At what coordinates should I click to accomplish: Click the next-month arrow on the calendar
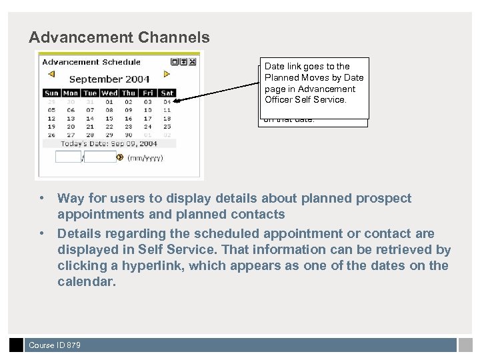click(x=167, y=75)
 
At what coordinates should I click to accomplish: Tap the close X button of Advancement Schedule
click(x=192, y=62)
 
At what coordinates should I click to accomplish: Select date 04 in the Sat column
click(x=167, y=102)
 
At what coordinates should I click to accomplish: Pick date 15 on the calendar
click(x=109, y=118)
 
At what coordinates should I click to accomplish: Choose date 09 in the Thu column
click(x=129, y=110)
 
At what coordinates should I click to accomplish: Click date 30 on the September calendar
click(x=129, y=134)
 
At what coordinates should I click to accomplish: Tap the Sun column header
click(x=51, y=93)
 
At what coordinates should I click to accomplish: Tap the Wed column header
click(x=109, y=93)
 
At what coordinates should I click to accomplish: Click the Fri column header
click(x=147, y=93)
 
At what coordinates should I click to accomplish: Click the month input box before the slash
click(x=67, y=157)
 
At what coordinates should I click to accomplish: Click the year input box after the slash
click(x=100, y=157)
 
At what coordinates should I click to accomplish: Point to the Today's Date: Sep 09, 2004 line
click(x=109, y=143)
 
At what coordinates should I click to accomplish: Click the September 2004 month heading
click(x=109, y=79)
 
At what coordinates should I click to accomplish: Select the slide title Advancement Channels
click(x=119, y=38)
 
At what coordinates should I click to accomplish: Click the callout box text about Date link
click(x=313, y=83)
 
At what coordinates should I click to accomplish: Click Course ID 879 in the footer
click(x=55, y=345)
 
